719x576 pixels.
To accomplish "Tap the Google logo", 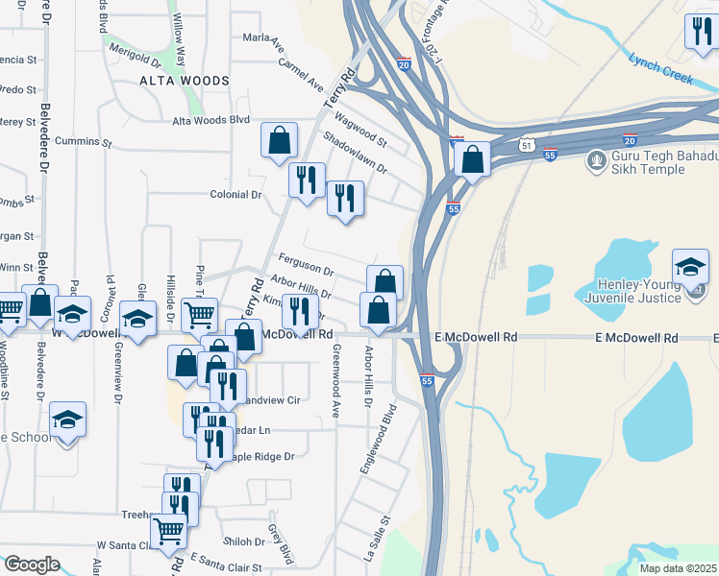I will (31, 564).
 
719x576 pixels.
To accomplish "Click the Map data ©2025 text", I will (678, 568).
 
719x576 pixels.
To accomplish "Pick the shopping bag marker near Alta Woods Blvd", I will (278, 140).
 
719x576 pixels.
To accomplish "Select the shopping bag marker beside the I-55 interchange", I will (473, 158).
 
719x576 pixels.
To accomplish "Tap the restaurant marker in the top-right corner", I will (699, 31).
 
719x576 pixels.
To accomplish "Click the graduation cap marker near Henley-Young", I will (690, 265).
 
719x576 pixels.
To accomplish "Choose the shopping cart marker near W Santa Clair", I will (169, 529).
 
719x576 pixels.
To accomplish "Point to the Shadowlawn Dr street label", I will (355, 154).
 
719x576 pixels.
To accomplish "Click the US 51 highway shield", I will (525, 145).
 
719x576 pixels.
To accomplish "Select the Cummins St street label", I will (85, 142).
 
